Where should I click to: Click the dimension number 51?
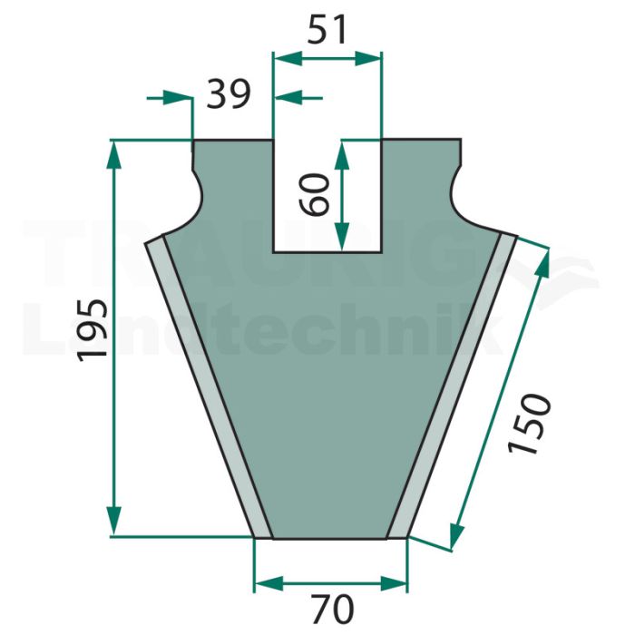[x=327, y=29]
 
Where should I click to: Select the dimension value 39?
[x=229, y=94]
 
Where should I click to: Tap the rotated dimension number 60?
[x=315, y=193]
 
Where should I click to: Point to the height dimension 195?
[x=93, y=329]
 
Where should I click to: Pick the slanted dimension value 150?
[x=530, y=424]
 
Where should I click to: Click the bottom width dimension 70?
[x=333, y=609]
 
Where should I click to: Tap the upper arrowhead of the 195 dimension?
[x=114, y=155]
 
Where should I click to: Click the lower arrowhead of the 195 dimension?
[x=114, y=522]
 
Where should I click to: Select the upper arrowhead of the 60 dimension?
[x=342, y=155]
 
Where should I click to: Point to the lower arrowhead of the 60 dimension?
[x=342, y=237]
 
